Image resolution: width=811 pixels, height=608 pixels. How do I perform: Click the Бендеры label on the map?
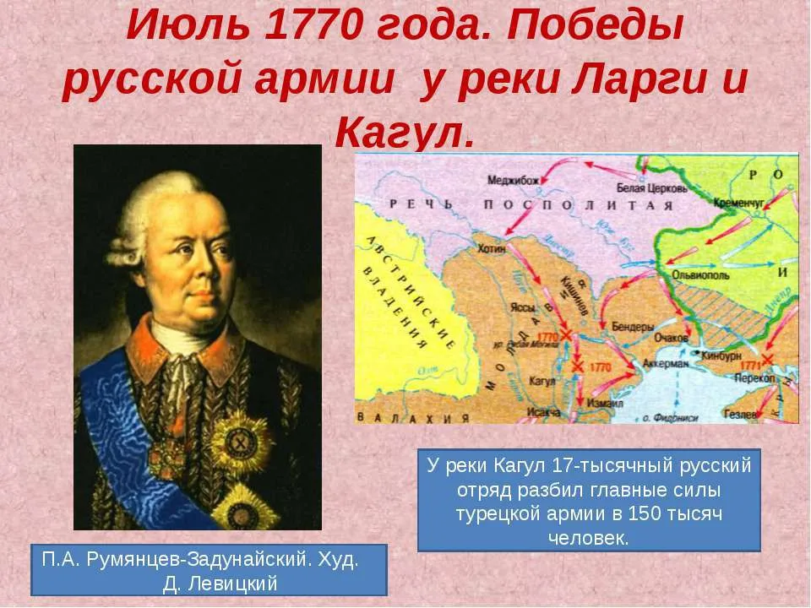tap(631, 326)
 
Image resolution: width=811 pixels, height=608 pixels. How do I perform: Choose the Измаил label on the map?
tap(601, 400)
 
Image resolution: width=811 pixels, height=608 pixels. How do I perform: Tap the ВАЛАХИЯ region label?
tap(405, 417)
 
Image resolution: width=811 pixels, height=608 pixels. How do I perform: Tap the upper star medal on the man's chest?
tap(240, 439)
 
